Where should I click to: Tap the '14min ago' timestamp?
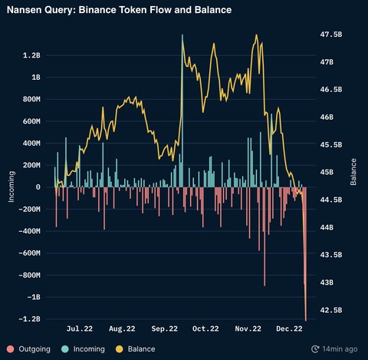pyautogui.click(x=338, y=348)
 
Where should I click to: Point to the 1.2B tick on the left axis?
pyautogui.click(x=31, y=56)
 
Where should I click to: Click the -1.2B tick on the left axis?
pyautogui.click(x=31, y=319)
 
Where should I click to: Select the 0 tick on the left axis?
pyautogui.click(x=38, y=187)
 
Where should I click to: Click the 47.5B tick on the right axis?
pyautogui.click(x=330, y=35)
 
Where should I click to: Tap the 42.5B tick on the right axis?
pyautogui.click(x=330, y=310)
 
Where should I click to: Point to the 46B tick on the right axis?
pyautogui.click(x=327, y=117)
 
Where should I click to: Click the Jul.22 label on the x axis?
pyautogui.click(x=80, y=329)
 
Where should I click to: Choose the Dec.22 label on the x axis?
pyautogui.click(x=289, y=329)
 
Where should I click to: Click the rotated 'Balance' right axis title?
pyautogui.click(x=353, y=173)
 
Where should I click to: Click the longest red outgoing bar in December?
pyautogui.click(x=305, y=253)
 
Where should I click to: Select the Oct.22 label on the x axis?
pyautogui.click(x=205, y=329)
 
